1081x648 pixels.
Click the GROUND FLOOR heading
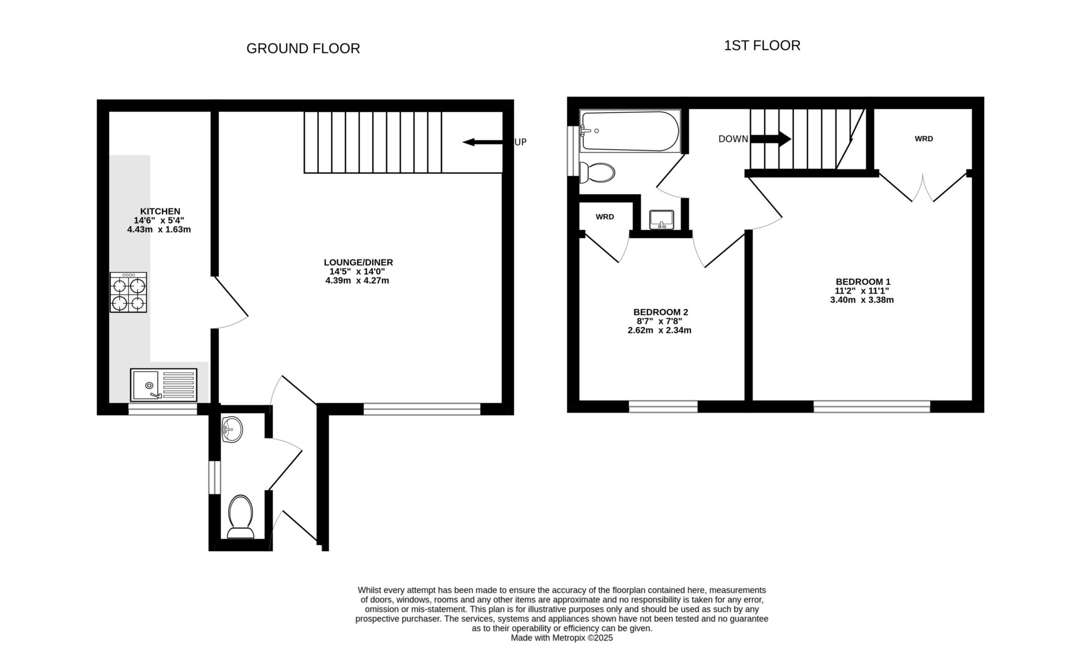303,49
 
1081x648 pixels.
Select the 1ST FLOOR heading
762,46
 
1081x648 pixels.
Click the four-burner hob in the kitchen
128,293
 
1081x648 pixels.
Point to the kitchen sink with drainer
163,385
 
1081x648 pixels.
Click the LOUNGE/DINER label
358,262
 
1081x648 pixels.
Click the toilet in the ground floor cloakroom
241,516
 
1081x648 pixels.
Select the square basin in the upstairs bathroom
662,219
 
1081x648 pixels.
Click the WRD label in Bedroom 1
923,138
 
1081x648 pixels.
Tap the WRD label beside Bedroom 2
605,217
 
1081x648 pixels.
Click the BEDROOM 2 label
660,312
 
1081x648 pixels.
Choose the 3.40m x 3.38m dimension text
861,300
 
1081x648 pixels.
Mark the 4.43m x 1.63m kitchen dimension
159,230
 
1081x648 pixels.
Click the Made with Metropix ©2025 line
561,638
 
